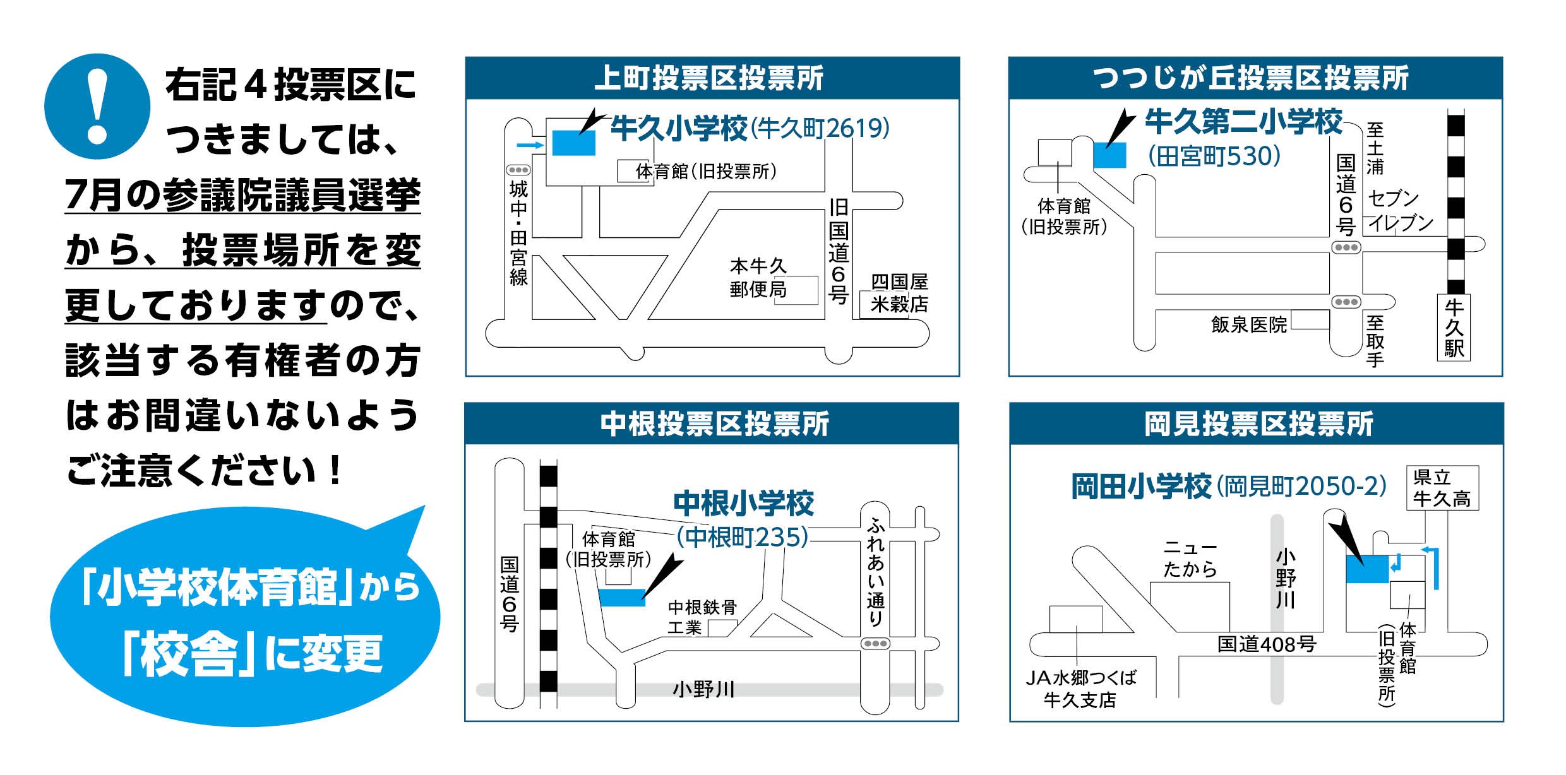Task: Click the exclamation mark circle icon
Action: tap(97, 106)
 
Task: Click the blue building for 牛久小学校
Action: tap(573, 143)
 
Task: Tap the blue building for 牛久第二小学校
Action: tap(1109, 155)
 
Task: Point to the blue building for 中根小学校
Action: tap(622, 597)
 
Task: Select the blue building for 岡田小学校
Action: tap(1366, 569)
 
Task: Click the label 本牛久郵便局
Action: tap(758, 278)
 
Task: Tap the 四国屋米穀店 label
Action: tap(899, 293)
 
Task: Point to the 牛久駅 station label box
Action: tap(1454, 328)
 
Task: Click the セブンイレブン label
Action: tap(1399, 211)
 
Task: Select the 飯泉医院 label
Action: tap(1248, 324)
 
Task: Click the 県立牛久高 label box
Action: tap(1442, 488)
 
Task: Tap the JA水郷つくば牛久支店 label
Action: tap(1080, 689)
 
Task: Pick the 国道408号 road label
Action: tap(1266, 644)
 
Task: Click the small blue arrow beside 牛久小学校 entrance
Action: tap(530, 146)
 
